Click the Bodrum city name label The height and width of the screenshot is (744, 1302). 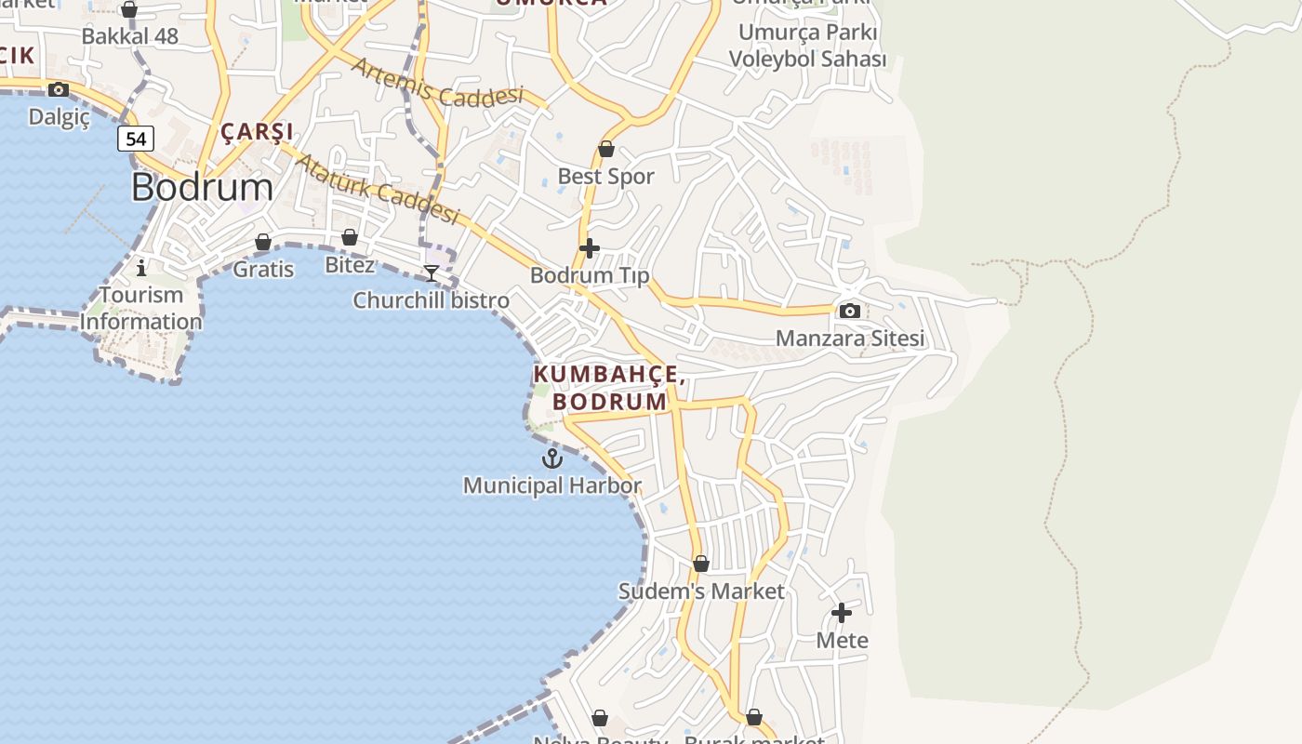tap(202, 187)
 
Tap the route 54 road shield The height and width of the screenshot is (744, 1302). tap(136, 139)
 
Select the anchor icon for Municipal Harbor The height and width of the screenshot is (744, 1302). tap(552, 458)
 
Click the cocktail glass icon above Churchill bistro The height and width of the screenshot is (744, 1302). tap(432, 272)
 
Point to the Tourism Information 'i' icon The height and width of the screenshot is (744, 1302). tap(141, 269)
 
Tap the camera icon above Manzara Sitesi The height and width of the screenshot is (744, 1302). tap(849, 312)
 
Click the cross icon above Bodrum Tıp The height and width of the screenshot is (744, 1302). tap(590, 248)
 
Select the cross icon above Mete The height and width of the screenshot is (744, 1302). tap(842, 613)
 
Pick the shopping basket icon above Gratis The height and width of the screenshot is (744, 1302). tap(263, 242)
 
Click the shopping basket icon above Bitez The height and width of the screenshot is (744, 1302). tap(350, 237)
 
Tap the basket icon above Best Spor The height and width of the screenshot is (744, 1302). tap(606, 149)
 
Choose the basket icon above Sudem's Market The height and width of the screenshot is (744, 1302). tap(701, 564)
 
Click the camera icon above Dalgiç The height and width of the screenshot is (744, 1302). tap(59, 90)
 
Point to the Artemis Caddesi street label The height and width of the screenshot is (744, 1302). tap(437, 82)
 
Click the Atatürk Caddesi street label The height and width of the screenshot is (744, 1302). tap(377, 189)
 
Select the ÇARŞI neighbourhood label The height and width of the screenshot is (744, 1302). tap(257, 131)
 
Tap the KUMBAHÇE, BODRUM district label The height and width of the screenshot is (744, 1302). tap(610, 389)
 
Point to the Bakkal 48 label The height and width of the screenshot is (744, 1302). tap(129, 36)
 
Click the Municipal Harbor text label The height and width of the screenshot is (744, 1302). tap(551, 485)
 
